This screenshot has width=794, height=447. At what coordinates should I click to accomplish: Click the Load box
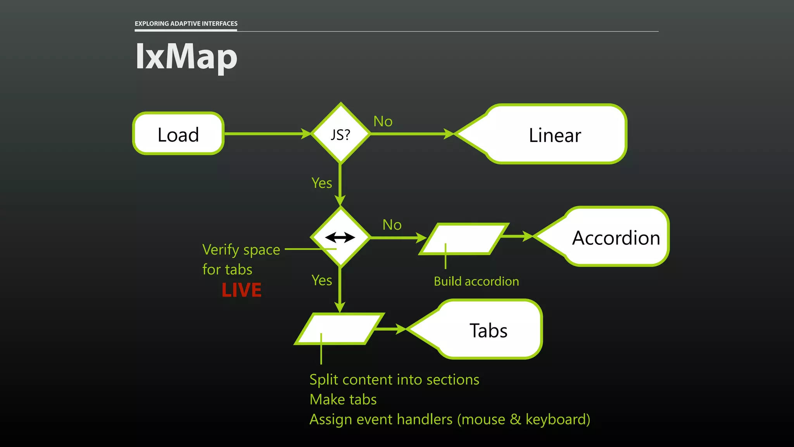click(178, 134)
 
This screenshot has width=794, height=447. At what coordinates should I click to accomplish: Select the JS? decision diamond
click(340, 134)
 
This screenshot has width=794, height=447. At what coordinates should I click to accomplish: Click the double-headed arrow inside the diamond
click(340, 237)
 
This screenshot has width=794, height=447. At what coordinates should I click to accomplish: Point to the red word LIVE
click(242, 290)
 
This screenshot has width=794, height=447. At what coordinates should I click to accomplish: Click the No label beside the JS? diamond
click(383, 121)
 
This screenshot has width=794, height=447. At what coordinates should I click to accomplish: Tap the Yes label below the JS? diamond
click(322, 183)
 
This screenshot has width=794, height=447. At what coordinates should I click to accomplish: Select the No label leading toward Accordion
click(392, 225)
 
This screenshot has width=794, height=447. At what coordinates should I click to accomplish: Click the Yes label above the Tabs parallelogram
click(322, 280)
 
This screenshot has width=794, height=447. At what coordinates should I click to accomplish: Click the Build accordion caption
click(476, 281)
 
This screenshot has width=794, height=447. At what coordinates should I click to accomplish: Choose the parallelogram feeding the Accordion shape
click(464, 239)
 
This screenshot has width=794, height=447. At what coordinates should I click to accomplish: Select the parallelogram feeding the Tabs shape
click(339, 329)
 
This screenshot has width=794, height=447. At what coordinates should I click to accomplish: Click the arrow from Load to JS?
click(268, 133)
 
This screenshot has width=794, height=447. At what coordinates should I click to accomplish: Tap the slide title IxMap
click(186, 57)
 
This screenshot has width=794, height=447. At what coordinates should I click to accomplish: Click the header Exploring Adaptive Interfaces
click(186, 24)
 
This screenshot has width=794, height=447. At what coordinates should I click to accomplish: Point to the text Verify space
click(241, 249)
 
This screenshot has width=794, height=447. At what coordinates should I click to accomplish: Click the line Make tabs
click(343, 399)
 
